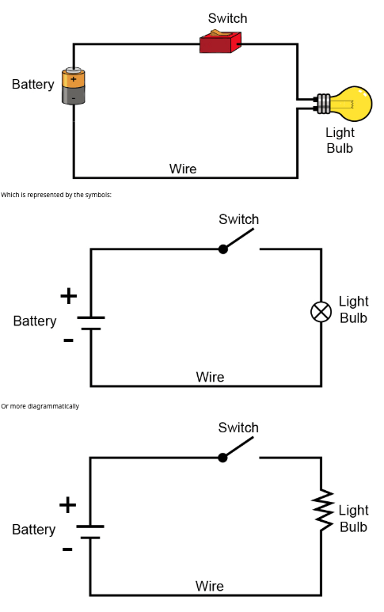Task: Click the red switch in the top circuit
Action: coord(220,41)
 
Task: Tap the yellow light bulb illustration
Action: coord(344,104)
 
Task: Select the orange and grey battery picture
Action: coord(74,86)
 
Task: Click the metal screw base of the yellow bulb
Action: coord(324,104)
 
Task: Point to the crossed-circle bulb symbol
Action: coord(321,312)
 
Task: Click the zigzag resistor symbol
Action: coord(322,511)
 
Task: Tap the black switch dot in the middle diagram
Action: coord(222,249)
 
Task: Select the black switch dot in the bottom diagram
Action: coord(222,458)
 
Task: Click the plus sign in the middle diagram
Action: coord(69,296)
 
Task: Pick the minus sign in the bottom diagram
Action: coord(67,549)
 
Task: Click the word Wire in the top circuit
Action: coord(183,169)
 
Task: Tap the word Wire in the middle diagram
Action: coord(210,377)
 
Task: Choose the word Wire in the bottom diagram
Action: coord(210,586)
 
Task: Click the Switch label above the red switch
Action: coord(227,18)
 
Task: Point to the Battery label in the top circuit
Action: coord(33,84)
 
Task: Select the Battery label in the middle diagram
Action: coord(35,321)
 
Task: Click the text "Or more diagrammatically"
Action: coord(40,406)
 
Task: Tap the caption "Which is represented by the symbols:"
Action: coord(56,195)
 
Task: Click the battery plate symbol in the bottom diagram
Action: coord(90,532)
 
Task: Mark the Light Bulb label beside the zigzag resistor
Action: coord(354,519)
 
